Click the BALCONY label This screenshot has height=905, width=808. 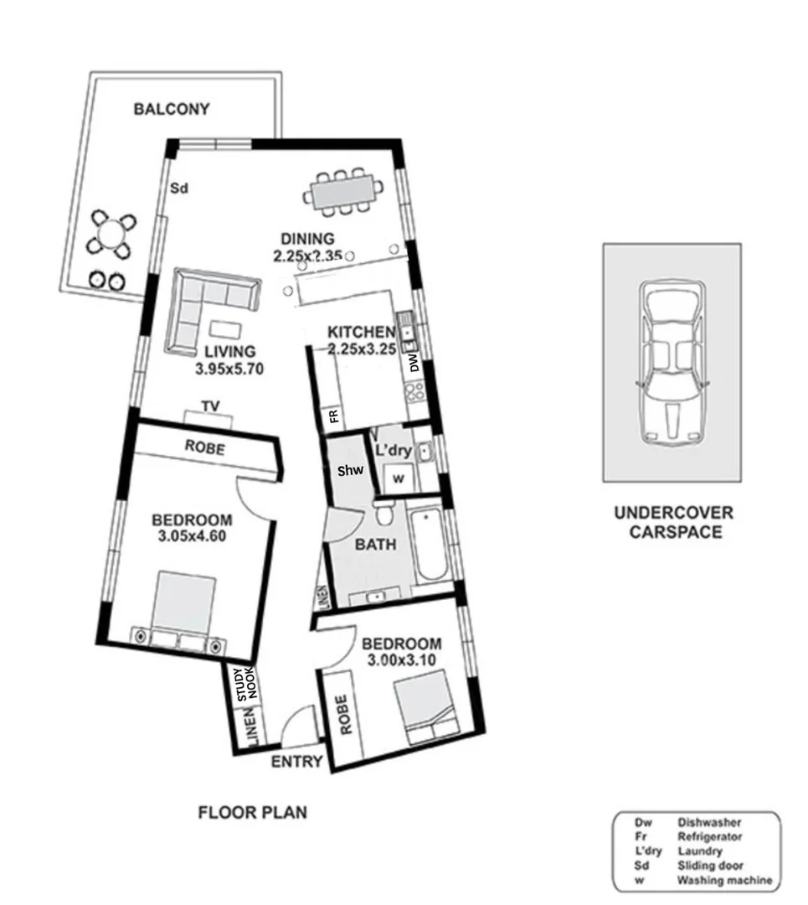(171, 109)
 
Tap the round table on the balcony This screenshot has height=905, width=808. (109, 234)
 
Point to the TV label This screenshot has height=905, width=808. (210, 406)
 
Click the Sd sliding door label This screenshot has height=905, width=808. (178, 189)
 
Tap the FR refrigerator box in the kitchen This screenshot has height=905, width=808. (332, 416)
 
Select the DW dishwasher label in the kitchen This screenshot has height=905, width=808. (413, 362)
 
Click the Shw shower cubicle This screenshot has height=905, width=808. (350, 471)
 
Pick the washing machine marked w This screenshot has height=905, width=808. (398, 479)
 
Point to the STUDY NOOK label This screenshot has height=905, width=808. (245, 685)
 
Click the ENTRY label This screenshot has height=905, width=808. (296, 762)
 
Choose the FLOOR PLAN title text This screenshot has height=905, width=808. (252, 812)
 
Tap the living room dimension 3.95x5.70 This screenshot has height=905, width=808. (224, 367)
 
